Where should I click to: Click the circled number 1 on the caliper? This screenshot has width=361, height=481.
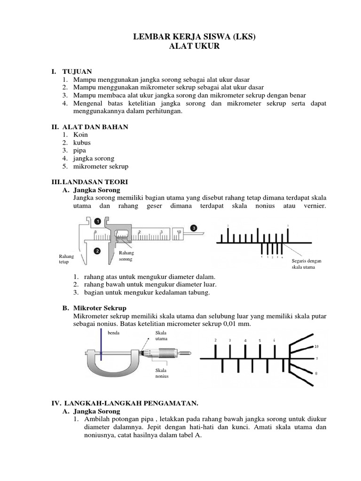[97, 220]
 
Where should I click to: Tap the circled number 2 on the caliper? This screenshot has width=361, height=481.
[97, 251]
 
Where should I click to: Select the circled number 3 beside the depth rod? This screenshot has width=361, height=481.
[193, 228]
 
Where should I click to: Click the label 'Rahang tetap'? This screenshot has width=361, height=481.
[66, 259]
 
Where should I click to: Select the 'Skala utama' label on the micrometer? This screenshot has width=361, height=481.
[161, 335]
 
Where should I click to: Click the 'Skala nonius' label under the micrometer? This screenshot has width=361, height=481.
[162, 373]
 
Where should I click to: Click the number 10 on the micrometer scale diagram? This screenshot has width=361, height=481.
[316, 346]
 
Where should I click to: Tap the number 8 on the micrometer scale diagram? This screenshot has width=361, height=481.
[316, 373]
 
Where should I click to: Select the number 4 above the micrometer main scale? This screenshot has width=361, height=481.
[245, 341]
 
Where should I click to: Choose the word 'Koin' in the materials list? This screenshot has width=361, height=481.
[80, 134]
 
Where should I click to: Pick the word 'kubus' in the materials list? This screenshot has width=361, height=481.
[82, 142]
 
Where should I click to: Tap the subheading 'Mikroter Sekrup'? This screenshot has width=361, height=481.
[100, 308]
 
